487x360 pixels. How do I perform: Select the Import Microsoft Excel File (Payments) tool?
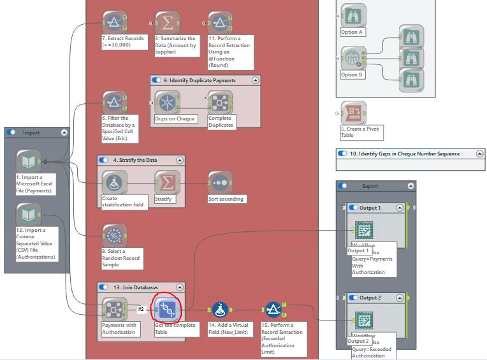click(29, 161)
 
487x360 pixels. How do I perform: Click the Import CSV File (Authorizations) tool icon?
click(29, 214)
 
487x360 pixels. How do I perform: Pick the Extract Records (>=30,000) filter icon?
click(115, 22)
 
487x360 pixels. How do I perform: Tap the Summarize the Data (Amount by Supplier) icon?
click(168, 22)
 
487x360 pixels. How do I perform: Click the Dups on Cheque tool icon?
click(168, 102)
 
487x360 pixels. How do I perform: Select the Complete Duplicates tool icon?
click(220, 102)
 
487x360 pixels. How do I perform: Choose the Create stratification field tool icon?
click(115, 182)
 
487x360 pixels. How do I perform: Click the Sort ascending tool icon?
click(220, 182)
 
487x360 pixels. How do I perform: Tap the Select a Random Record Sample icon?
click(115, 235)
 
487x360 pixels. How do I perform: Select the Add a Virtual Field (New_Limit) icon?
click(221, 310)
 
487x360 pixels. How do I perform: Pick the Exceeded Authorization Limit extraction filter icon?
click(273, 310)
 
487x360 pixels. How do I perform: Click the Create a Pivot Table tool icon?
click(353, 113)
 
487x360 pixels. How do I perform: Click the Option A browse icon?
click(353, 16)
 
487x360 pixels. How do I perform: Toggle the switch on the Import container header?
click(11, 133)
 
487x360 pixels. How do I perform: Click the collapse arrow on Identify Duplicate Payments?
click(256, 80)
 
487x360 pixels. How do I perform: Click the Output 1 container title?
click(370, 208)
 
